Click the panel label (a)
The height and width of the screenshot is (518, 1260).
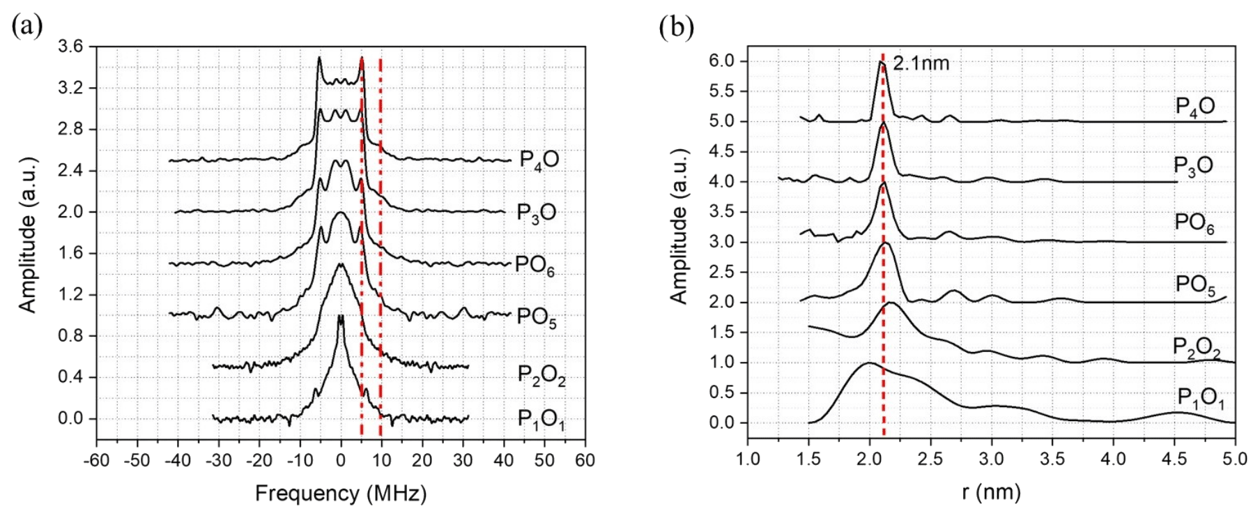27,26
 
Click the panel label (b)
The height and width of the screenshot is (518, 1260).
676,26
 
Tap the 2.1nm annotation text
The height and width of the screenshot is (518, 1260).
921,63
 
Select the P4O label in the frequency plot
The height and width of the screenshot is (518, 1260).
539,159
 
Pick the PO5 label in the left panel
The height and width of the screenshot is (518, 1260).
536,317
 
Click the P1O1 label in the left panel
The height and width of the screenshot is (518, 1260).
541,419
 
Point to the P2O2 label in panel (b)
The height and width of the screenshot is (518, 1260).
1197,348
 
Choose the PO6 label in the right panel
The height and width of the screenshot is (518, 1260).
1194,223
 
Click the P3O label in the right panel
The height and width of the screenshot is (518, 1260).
1193,166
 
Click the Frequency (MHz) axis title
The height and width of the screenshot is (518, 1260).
341,494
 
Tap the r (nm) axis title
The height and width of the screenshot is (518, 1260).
991,492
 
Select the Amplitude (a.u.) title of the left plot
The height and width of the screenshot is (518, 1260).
27,235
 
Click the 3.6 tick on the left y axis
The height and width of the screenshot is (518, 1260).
70,47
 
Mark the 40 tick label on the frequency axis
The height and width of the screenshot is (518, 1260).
504,460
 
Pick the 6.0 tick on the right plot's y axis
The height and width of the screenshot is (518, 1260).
722,61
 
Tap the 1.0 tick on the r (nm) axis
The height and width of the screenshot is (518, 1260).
748,459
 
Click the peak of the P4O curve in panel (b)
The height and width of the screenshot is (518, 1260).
880,62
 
